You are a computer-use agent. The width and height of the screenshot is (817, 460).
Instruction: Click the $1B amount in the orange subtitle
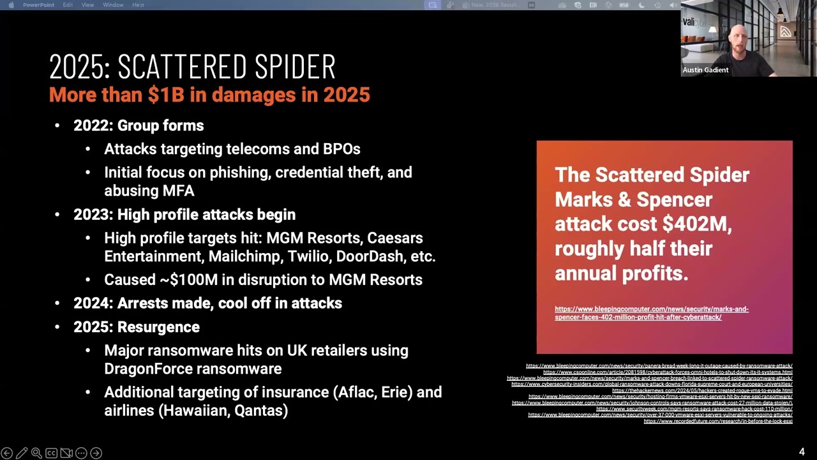(x=166, y=95)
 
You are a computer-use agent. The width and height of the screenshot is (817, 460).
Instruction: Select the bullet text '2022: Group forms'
(x=139, y=126)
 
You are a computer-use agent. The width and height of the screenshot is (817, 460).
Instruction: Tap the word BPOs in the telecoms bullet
(x=341, y=149)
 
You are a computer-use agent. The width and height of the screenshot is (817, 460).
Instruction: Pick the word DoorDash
(x=370, y=257)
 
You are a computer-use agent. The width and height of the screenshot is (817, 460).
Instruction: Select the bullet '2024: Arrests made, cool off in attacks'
(x=207, y=303)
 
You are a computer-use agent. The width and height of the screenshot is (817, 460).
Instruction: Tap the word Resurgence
(x=158, y=327)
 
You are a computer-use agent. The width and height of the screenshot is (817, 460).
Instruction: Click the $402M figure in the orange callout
(x=696, y=224)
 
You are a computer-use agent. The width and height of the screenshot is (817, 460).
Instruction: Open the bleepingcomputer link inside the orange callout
(x=651, y=313)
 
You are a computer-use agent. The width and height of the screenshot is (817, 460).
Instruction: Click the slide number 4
(x=802, y=452)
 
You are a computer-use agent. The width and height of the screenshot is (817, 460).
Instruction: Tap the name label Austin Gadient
(x=705, y=70)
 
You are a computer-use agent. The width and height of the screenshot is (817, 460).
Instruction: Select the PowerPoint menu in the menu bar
(x=38, y=5)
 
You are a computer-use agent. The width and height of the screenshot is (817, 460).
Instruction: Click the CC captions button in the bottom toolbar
(x=51, y=453)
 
